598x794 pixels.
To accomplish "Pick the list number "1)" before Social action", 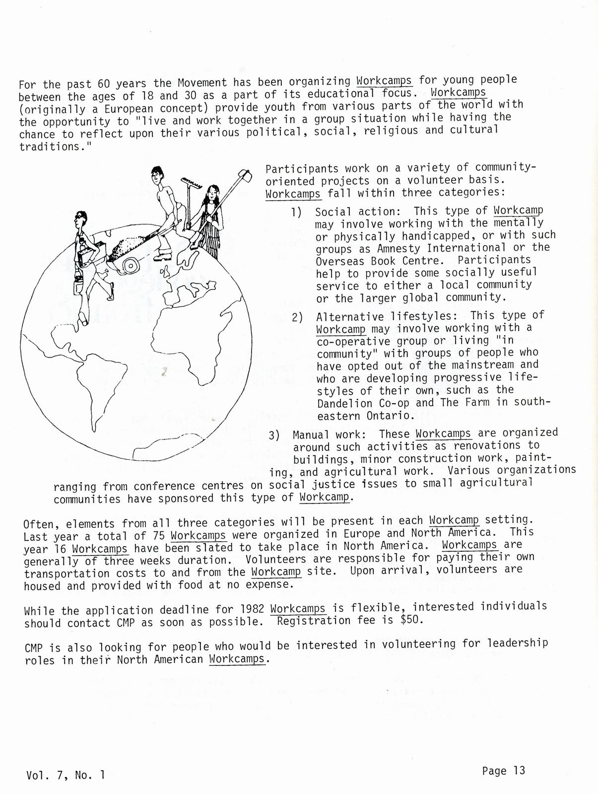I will [297, 213].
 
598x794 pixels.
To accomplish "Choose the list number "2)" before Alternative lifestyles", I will [298, 317].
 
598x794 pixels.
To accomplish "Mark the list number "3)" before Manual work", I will [275, 435].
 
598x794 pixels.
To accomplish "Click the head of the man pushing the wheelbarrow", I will [157, 175].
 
